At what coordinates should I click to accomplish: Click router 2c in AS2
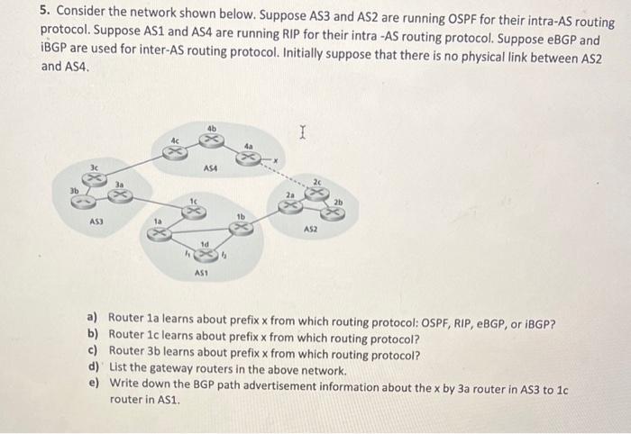316,192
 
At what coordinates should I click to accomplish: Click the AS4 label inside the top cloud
211,167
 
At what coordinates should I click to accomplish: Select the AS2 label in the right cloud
311,230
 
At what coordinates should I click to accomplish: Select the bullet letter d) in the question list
94,368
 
